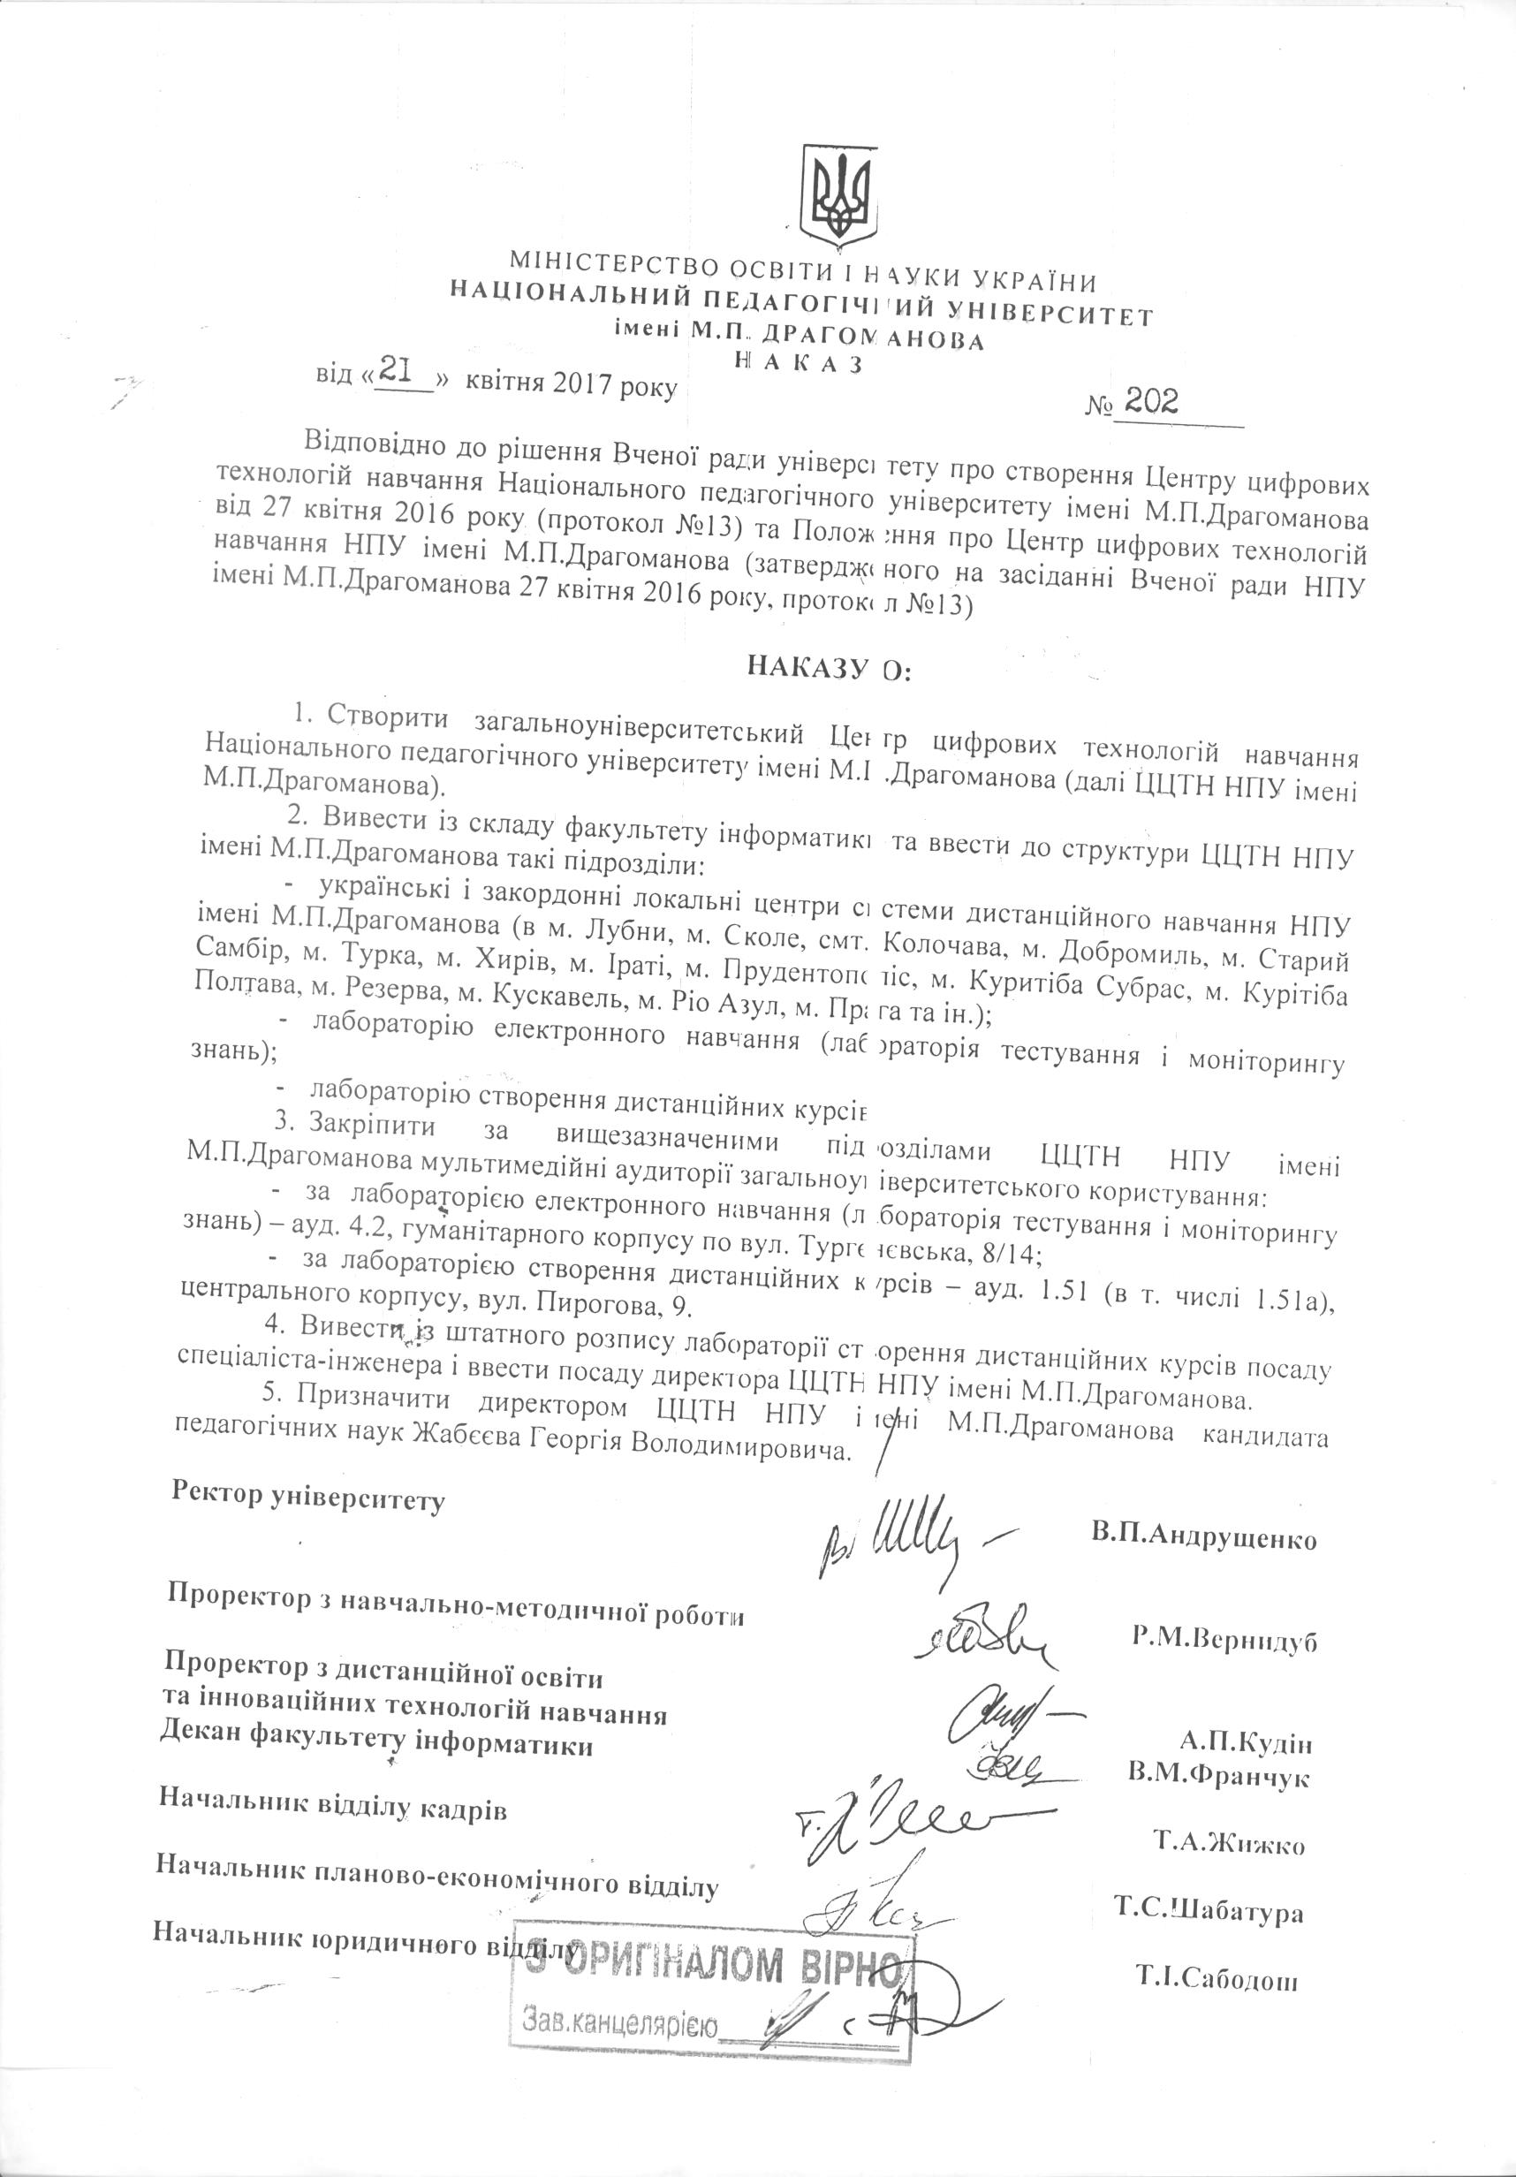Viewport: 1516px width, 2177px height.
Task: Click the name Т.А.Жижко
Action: (1229, 1844)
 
